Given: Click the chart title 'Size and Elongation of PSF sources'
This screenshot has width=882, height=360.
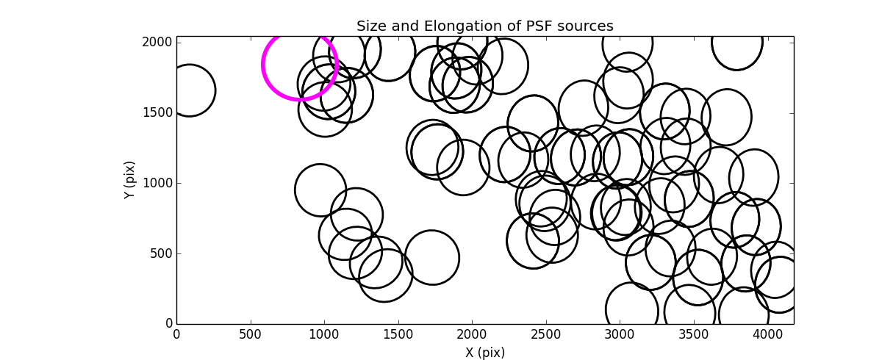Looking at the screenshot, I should point(484,26).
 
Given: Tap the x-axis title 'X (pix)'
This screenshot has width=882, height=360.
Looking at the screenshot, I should point(484,353).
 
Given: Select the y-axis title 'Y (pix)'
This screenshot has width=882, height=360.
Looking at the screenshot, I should point(129,180).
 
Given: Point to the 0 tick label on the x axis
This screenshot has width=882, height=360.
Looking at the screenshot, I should point(176,334).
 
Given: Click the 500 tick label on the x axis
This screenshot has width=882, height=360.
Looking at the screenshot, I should point(251,334).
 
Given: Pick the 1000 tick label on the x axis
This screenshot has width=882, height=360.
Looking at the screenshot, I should point(324,334).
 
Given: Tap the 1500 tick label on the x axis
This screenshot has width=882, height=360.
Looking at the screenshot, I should point(398,334).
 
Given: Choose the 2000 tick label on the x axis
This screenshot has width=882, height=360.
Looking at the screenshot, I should point(472,334).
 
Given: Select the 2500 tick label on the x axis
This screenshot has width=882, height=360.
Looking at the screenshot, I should point(545,334).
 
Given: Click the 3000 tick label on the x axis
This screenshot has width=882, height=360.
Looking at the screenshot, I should point(620,334).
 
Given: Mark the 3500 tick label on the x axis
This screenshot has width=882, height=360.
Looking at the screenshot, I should point(693,334).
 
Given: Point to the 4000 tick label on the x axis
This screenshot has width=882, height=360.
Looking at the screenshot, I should point(767,334).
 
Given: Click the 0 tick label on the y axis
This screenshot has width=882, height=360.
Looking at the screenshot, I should point(168,324).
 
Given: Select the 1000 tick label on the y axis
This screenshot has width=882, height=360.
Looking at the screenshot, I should point(159,183).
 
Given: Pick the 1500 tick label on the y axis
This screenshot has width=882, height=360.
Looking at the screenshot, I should point(159,112).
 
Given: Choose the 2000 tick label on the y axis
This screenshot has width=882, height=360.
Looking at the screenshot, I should point(159,43).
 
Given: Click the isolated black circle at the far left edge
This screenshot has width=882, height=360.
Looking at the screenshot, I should point(189,90).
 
